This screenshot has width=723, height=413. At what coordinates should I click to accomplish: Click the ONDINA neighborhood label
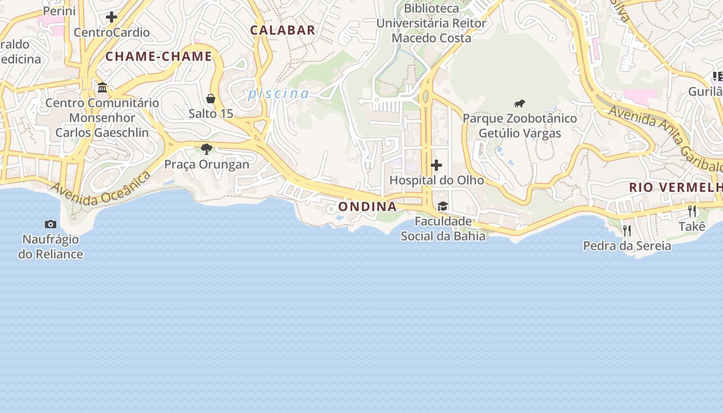(367, 206)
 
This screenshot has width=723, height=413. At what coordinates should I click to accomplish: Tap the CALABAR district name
(282, 30)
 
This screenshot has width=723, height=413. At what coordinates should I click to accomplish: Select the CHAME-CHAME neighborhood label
(159, 56)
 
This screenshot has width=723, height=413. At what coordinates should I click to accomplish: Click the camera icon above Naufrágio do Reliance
(51, 224)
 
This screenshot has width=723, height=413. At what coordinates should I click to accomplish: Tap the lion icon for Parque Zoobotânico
(520, 103)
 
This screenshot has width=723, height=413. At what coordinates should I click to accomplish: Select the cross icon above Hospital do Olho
(436, 165)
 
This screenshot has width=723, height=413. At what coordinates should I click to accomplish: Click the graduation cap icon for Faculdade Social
(443, 206)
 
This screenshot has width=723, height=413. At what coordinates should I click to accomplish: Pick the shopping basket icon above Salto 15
(211, 98)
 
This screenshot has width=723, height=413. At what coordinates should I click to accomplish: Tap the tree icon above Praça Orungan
(207, 149)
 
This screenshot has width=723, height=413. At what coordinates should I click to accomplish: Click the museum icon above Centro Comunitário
(102, 87)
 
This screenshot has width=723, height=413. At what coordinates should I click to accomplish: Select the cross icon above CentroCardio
(112, 17)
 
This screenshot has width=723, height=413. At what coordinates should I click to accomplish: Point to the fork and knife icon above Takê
(692, 211)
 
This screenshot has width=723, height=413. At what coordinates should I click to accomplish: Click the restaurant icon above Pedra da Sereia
(627, 230)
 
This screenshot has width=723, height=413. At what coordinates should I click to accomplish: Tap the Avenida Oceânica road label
(101, 188)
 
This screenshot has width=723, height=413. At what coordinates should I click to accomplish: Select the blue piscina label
(278, 93)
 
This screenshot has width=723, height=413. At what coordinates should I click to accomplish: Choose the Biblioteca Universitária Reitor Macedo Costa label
(431, 23)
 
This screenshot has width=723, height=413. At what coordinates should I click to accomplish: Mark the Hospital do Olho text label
(436, 180)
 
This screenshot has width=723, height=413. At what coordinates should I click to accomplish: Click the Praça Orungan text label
(207, 164)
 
